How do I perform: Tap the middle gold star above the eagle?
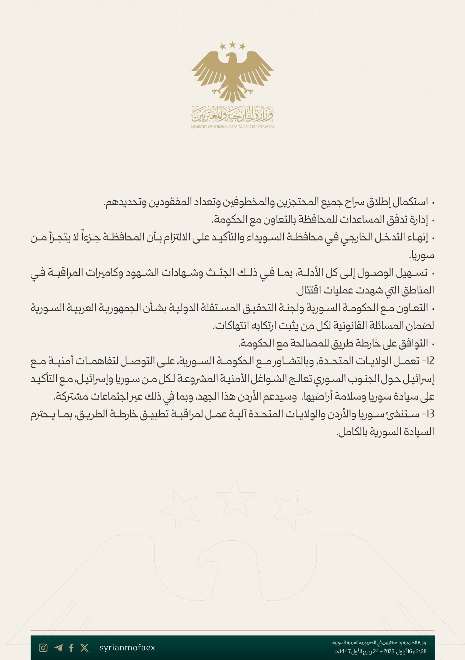[233, 44]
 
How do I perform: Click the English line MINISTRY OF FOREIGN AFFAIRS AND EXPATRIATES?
[233, 127]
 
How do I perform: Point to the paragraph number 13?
[430, 415]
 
